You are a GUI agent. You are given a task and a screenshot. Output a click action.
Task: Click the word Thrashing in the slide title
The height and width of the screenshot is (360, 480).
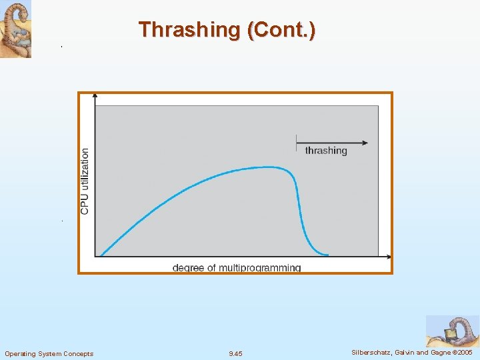tap(189, 30)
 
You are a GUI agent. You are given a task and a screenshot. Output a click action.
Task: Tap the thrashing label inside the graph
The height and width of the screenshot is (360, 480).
tap(326, 151)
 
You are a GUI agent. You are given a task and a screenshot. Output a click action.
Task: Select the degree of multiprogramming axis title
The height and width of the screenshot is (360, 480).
tap(237, 268)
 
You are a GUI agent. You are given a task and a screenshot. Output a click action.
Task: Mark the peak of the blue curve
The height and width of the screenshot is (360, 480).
tap(267, 167)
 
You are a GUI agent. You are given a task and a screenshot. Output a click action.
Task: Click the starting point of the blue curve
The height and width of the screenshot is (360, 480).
tap(101, 255)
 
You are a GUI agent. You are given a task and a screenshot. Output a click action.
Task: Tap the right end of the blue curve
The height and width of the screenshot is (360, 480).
tap(327, 254)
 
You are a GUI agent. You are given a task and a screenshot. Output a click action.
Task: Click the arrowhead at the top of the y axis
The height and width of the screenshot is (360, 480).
tap(95, 97)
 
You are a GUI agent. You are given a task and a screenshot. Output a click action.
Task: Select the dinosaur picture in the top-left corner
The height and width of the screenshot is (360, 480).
tap(15, 29)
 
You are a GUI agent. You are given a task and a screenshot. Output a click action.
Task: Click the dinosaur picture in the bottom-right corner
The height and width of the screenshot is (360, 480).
tap(452, 331)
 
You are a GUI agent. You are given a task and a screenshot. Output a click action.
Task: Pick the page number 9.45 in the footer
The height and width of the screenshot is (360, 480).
tap(235, 353)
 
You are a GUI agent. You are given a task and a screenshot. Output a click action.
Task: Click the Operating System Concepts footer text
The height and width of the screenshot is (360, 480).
tap(49, 353)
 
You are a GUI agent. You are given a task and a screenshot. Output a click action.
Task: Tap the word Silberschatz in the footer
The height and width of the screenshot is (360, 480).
tap(372, 352)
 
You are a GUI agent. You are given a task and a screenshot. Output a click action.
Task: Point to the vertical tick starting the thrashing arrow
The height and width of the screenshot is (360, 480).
tap(297, 142)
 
